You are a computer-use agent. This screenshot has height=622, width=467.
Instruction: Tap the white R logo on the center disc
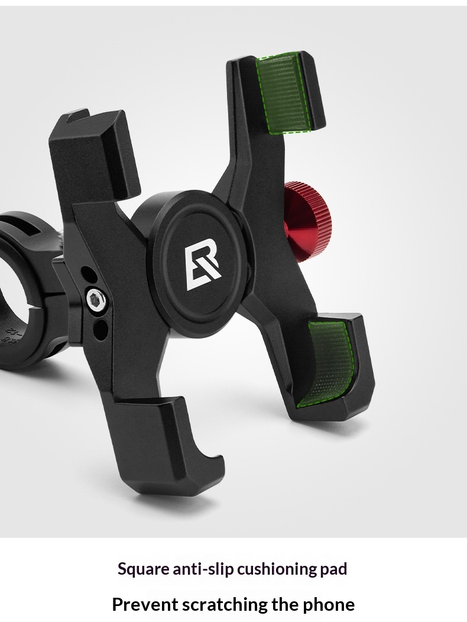[x=202, y=268]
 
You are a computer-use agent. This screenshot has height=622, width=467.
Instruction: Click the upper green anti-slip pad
[x=284, y=92]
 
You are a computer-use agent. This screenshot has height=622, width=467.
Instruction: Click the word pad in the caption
[x=333, y=569]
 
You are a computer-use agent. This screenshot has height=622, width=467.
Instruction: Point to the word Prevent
[x=145, y=604]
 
